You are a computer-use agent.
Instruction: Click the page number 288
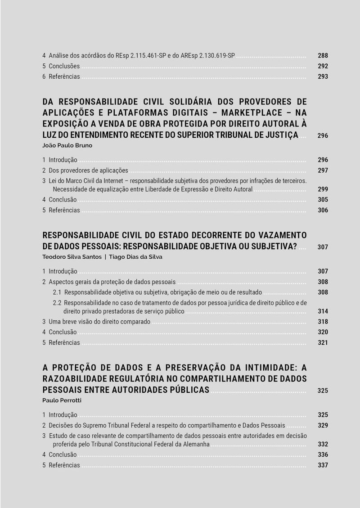point(323,56)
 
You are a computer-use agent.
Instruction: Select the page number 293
point(323,76)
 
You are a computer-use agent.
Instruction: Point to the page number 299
point(323,189)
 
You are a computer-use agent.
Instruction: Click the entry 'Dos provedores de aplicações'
point(88,171)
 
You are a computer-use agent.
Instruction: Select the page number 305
point(323,200)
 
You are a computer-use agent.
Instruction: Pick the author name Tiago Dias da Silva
point(136,257)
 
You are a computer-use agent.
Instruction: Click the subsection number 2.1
point(58,292)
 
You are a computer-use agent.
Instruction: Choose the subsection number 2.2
point(58,303)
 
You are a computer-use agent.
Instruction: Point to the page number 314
point(323,311)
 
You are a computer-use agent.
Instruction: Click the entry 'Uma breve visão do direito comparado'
point(99,322)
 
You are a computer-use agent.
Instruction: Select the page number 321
point(323,342)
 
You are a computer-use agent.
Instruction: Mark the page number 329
point(323,426)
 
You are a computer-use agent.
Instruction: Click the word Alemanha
point(195,445)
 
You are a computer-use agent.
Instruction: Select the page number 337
point(323,465)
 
